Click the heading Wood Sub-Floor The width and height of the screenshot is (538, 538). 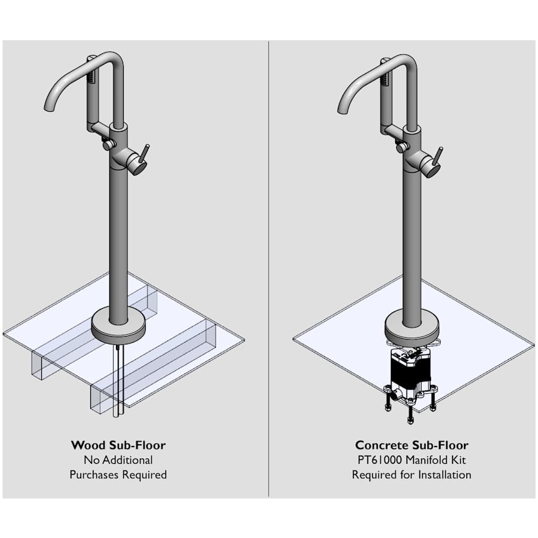click(x=118, y=445)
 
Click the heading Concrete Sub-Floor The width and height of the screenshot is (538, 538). click(x=411, y=445)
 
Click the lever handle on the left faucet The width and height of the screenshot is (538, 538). click(x=144, y=154)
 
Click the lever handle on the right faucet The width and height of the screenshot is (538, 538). click(x=438, y=157)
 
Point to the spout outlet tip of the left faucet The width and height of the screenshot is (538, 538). click(x=49, y=108)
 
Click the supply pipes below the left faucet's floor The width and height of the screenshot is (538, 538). click(x=118, y=380)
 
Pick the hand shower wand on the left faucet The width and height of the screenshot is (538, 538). click(x=92, y=93)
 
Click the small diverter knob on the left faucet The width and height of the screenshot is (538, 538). click(x=108, y=145)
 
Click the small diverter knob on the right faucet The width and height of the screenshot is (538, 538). click(x=401, y=147)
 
